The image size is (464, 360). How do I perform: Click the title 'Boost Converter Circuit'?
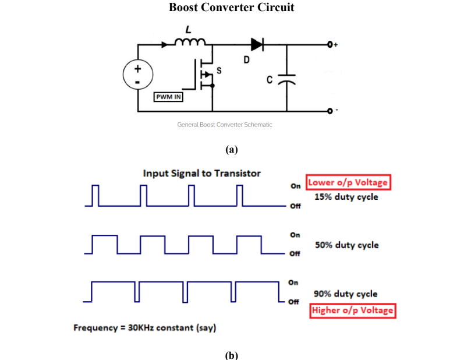click(x=232, y=8)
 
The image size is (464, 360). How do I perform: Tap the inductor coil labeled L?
click(x=190, y=42)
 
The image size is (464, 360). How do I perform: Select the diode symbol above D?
click(x=257, y=44)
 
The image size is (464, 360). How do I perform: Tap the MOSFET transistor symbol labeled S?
click(x=207, y=75)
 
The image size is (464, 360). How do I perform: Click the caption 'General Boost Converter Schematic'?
click(x=225, y=125)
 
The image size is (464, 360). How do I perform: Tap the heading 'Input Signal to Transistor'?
click(x=201, y=173)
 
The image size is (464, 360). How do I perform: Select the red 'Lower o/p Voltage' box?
click(x=348, y=183)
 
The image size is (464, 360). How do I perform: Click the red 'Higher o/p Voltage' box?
click(x=353, y=310)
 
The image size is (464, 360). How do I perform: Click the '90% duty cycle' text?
click(x=346, y=294)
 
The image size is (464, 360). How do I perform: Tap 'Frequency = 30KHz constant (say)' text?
click(x=144, y=327)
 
